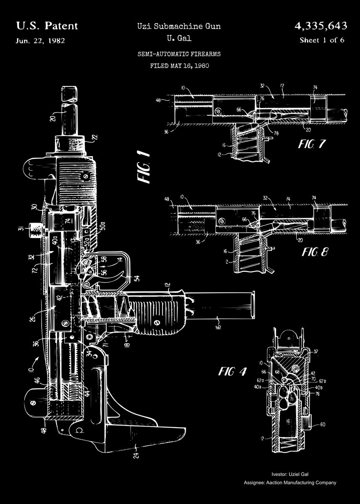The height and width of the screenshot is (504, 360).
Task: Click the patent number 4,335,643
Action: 321,26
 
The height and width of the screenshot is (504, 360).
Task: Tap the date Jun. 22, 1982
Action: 40,41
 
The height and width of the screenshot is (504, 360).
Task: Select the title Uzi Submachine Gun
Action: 179,26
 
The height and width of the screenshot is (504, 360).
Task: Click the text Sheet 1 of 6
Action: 322,40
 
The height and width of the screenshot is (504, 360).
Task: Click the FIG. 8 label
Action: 315,252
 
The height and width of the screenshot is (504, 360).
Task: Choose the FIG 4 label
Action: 232,371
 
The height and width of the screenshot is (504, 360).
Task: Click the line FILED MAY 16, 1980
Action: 179,66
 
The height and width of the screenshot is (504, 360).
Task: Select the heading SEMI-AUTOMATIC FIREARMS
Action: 179,54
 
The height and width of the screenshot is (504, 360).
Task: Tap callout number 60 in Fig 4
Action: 323,424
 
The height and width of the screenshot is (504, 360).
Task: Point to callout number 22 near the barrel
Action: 94,137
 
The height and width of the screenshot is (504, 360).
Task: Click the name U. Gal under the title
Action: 179,39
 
